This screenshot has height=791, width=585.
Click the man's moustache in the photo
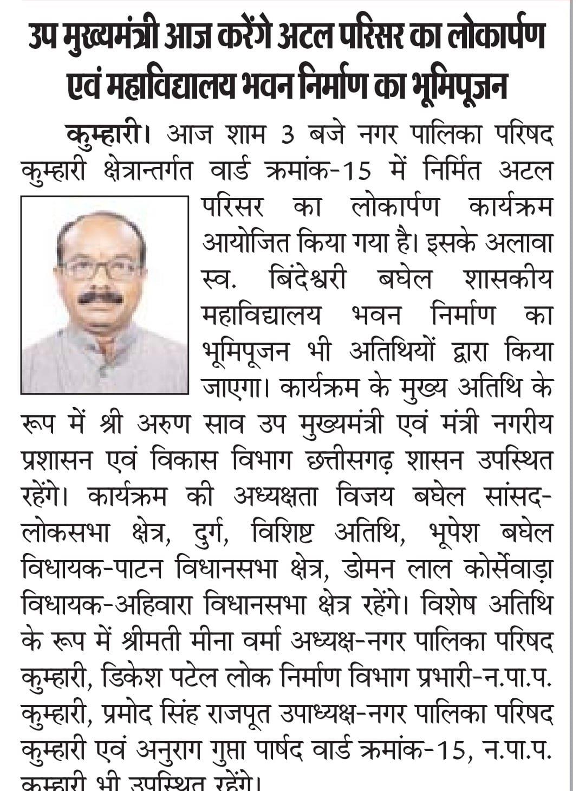pyautogui.click(x=100, y=298)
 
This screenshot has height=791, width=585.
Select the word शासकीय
pyautogui.click(x=508, y=280)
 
